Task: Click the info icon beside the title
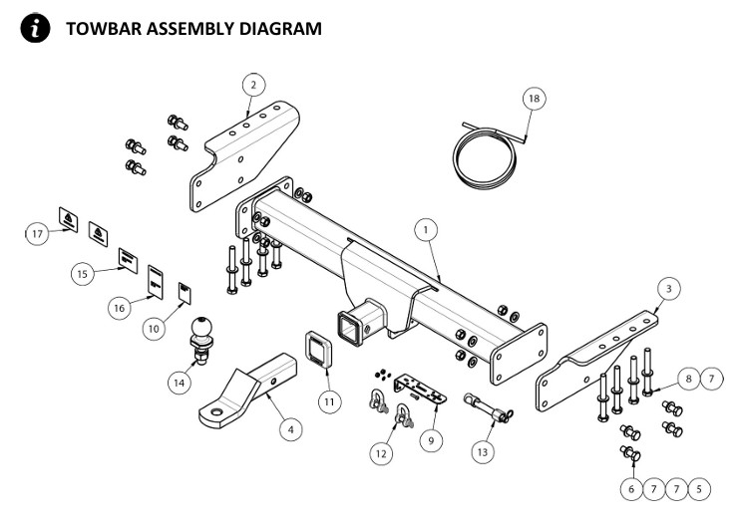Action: [x=36, y=28]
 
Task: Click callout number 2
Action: [x=253, y=85]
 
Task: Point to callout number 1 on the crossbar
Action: [x=426, y=230]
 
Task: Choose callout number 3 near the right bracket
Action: [x=670, y=288]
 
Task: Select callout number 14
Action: [x=181, y=381]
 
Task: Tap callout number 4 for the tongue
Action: [x=289, y=429]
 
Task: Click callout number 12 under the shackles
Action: [x=380, y=453]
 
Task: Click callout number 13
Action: [x=483, y=451]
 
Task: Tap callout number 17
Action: [x=38, y=233]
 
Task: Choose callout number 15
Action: [x=84, y=271]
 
